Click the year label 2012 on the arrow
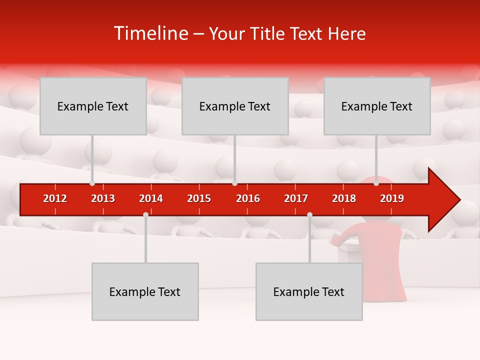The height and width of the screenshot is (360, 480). point(55,198)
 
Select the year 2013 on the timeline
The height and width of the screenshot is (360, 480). point(103,198)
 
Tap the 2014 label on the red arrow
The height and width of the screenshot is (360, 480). point(151,198)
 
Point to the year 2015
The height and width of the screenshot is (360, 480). point(199,198)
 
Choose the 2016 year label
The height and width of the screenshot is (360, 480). point(248,198)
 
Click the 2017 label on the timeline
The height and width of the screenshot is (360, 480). point(296,198)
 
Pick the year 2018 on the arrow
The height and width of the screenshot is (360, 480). point(344,198)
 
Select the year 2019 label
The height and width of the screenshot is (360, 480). point(392,198)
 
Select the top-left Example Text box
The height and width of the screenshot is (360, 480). point(93,106)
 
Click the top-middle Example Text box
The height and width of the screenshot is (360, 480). point(235,106)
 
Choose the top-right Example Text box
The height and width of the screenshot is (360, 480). point(377,106)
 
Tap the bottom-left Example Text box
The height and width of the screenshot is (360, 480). point(145,291)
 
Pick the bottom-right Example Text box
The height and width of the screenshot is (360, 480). point(309,291)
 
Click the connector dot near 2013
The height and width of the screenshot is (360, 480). point(92,183)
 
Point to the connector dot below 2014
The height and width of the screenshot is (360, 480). point(145,214)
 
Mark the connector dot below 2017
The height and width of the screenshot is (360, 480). point(309,214)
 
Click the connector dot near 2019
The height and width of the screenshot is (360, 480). point(376,183)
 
